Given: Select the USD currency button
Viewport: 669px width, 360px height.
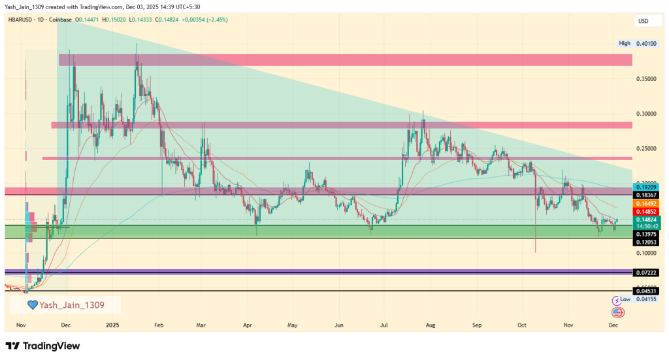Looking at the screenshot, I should (x=643, y=22).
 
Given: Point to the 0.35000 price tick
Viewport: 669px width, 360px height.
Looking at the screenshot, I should (x=645, y=78).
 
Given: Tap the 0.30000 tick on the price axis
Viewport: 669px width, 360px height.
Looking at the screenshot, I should (x=645, y=113).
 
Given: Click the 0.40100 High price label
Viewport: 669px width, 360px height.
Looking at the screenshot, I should (x=647, y=43).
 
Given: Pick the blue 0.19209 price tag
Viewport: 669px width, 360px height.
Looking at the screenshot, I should (x=647, y=188).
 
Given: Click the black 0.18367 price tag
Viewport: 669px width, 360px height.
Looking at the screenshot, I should (x=647, y=195).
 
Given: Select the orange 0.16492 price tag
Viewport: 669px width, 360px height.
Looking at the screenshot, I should (x=647, y=204).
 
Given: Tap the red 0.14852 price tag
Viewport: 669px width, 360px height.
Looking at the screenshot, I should (x=647, y=212).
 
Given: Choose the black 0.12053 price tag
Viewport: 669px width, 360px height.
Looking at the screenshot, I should (x=647, y=242).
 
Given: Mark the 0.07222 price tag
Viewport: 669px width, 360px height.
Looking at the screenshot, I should (x=647, y=271).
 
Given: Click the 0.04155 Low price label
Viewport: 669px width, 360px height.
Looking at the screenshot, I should (x=647, y=299).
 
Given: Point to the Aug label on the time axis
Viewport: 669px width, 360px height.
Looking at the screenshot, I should (x=430, y=325).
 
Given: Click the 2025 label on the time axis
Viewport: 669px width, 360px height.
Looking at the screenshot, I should (x=112, y=325).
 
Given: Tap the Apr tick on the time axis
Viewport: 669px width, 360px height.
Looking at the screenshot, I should (x=247, y=325).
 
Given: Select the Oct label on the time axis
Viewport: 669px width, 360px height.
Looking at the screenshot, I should (x=522, y=325).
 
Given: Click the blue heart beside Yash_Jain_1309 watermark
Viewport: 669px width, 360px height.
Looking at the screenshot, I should (x=31, y=304).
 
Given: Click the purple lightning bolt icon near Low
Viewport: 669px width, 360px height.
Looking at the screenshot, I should (x=616, y=301).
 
